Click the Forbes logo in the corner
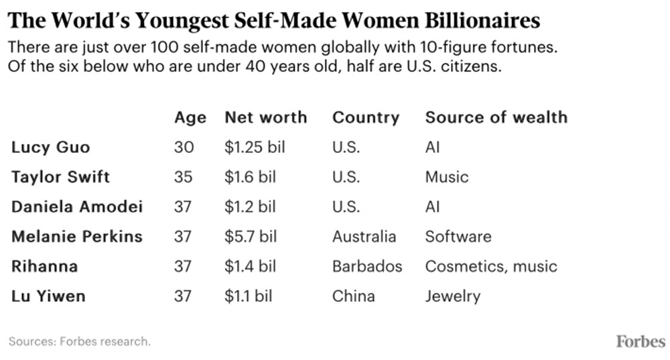tap(641, 341)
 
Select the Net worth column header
tap(265, 117)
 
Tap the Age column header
tap(190, 117)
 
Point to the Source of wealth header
tap(496, 117)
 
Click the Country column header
tap(366, 117)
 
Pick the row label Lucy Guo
tap(50, 147)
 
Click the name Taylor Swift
tap(60, 177)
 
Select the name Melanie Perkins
tap(76, 236)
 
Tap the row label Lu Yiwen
tap(48, 296)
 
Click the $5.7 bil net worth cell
tap(251, 236)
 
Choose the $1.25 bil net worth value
tap(255, 147)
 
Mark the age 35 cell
tap(183, 177)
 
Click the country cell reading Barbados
tap(367, 266)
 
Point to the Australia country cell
tap(364, 236)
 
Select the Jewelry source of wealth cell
tap(453, 296)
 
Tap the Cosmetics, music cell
tap(490, 266)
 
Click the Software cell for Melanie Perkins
tap(458, 236)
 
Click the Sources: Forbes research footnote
tap(79, 341)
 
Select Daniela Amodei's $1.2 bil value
tap(251, 206)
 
